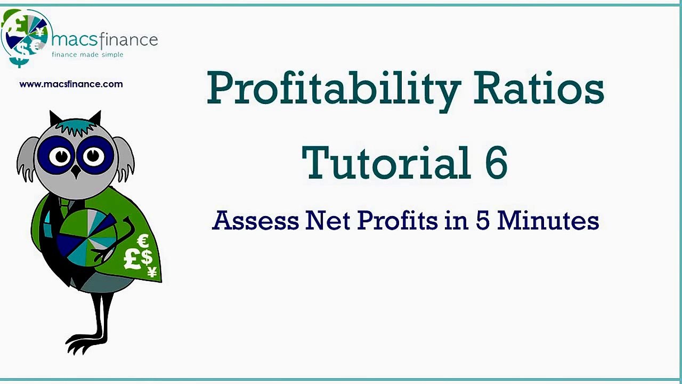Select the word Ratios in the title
pos(538,88)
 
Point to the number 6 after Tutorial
pos(496,163)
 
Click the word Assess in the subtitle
pos(255,220)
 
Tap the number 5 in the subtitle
pos(482,220)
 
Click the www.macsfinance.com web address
pos(71,84)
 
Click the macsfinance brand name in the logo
pos(104,40)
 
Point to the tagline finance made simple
pos(87,54)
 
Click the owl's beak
pos(76,171)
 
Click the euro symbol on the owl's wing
pos(143,242)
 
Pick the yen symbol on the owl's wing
pos(152,272)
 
